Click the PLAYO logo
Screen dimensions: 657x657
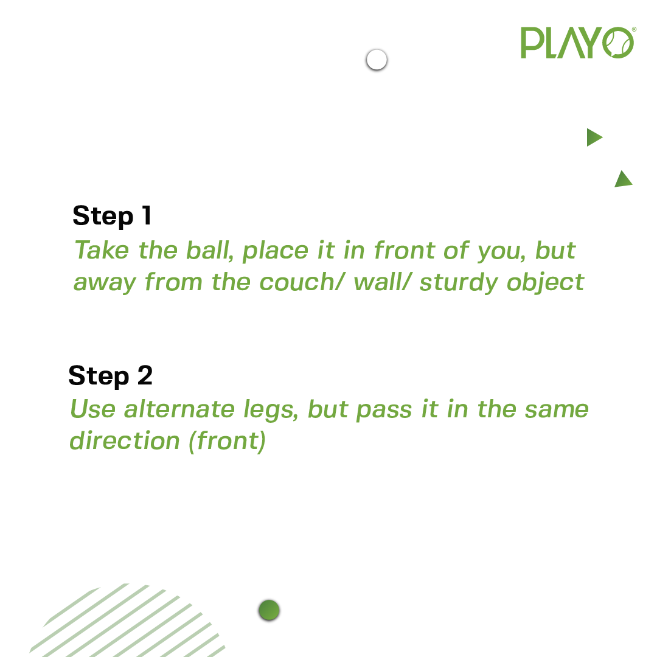[x=579, y=43]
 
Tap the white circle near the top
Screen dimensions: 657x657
[x=377, y=60]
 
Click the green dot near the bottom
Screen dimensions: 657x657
[x=269, y=610]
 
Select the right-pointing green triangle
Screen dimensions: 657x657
[x=594, y=137]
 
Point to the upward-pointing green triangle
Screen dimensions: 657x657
[x=624, y=179]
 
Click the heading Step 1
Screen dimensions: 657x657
[x=112, y=216]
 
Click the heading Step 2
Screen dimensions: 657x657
[x=111, y=376]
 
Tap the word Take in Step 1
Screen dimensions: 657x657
[x=102, y=250]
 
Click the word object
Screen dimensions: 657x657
[x=545, y=282]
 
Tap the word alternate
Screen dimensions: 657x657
[x=179, y=409]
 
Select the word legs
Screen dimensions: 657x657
[x=271, y=410]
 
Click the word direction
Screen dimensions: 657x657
[x=125, y=440]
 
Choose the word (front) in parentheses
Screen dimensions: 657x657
[x=227, y=441]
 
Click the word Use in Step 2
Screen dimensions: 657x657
[x=92, y=409]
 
